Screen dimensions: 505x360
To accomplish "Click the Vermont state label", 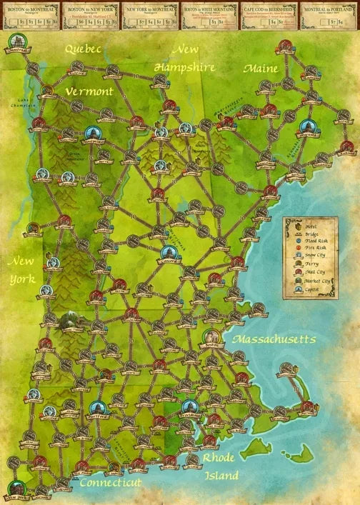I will click(90, 93).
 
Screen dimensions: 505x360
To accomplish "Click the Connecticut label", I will click(110, 483).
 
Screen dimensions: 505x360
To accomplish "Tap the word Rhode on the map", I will click(218, 457).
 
